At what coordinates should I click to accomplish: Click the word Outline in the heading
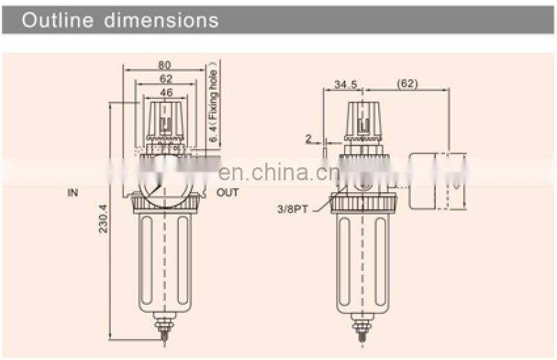[x=58, y=19]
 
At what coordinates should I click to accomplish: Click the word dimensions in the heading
[x=162, y=19]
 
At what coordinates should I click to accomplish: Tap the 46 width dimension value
[x=165, y=92]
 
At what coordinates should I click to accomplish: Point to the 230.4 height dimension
[x=102, y=218]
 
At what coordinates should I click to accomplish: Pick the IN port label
[x=73, y=192]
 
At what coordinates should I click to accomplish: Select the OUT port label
[x=227, y=192]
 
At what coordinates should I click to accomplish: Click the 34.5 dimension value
[x=345, y=84]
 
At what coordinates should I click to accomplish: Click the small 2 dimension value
[x=308, y=139]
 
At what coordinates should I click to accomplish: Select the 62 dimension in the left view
[x=165, y=79]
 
